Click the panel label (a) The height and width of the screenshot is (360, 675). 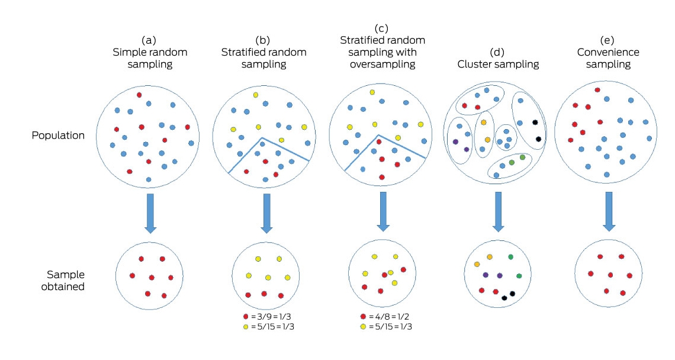click(x=149, y=40)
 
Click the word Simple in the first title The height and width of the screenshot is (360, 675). click(x=127, y=53)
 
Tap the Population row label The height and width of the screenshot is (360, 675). click(x=58, y=135)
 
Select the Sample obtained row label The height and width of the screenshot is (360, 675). click(x=63, y=280)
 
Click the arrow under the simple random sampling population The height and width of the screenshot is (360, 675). click(x=150, y=214)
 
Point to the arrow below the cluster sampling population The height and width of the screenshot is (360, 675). click(x=498, y=212)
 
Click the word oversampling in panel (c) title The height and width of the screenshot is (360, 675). click(x=382, y=65)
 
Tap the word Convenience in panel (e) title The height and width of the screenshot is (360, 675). click(x=608, y=53)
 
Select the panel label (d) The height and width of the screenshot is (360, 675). click(x=497, y=53)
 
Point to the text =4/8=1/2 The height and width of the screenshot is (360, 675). click(x=389, y=317)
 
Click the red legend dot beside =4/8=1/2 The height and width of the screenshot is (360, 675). click(x=363, y=317)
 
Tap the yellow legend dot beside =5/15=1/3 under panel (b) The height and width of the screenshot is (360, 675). click(x=246, y=327)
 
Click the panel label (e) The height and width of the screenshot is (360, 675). click(x=607, y=40)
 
